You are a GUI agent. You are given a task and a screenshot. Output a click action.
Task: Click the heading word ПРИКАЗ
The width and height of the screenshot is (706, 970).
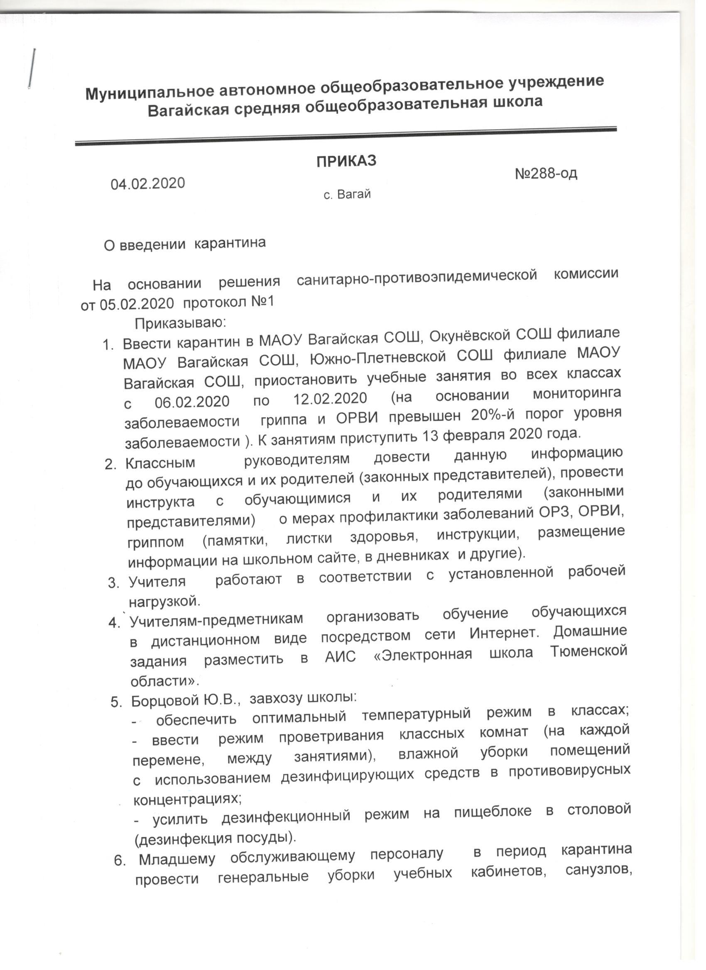point(346,161)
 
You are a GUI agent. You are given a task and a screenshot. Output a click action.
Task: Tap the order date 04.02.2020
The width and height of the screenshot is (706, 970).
point(148,183)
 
